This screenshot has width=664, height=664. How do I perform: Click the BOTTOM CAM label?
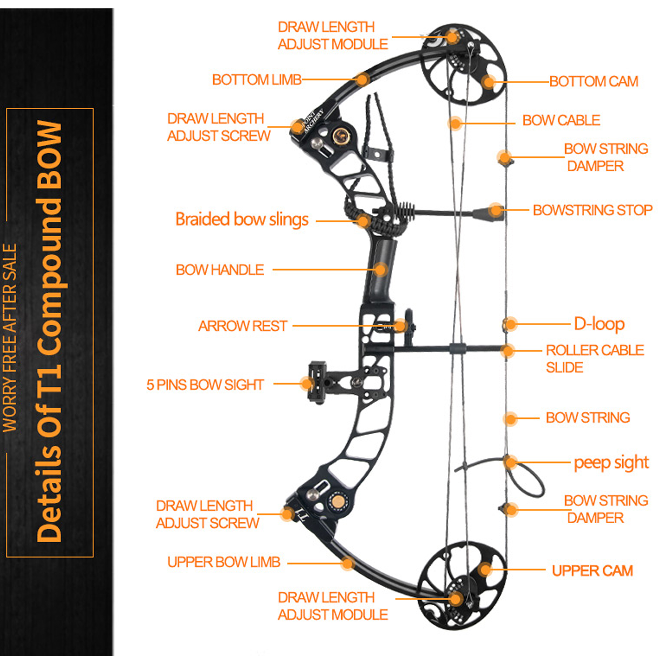click(x=594, y=82)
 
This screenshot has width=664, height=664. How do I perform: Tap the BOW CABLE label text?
click(x=561, y=121)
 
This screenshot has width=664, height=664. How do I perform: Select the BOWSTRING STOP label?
click(x=592, y=210)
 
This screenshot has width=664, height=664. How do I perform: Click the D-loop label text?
click(x=599, y=324)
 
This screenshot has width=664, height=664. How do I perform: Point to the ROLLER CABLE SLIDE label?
click(x=595, y=359)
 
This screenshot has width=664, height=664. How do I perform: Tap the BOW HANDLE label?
click(x=220, y=270)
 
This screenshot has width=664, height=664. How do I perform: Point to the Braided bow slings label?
click(x=242, y=220)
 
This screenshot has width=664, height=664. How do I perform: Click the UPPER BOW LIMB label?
click(x=224, y=562)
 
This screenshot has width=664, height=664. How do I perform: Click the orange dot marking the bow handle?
click(x=380, y=269)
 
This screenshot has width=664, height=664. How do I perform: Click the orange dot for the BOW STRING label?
click(x=510, y=419)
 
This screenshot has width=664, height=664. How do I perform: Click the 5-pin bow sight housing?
click(x=317, y=381)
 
